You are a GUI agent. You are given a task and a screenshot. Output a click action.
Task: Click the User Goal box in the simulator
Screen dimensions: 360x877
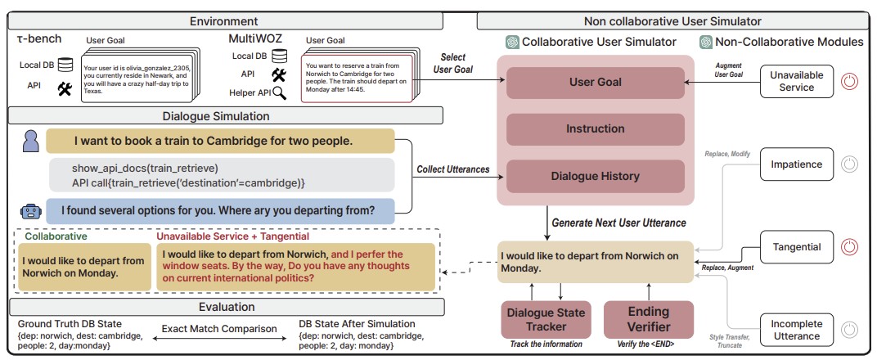click(595, 83)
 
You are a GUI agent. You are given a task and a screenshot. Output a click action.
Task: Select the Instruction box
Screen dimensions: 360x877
click(595, 128)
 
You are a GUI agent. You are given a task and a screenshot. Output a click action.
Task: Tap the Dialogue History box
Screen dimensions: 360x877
click(595, 176)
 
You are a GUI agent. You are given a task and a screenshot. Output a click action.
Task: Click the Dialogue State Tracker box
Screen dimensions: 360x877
click(546, 319)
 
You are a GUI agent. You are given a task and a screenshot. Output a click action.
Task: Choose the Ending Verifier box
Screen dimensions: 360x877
click(648, 319)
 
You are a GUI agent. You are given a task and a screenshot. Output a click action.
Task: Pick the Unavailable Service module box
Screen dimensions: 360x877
click(797, 80)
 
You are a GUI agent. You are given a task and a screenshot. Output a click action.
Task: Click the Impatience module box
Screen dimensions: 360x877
click(797, 164)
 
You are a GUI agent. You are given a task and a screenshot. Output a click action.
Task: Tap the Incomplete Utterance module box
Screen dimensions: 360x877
click(797, 329)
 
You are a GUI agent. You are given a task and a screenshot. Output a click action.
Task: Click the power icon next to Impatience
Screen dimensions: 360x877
click(850, 164)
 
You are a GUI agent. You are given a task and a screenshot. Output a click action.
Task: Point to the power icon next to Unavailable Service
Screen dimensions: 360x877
click(850, 81)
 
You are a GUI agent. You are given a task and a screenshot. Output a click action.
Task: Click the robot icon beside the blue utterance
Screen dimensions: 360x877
click(30, 210)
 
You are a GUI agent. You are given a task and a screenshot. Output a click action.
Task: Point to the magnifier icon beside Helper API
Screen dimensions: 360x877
click(280, 92)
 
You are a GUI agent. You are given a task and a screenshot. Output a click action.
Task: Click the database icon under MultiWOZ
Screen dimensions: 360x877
click(280, 56)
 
